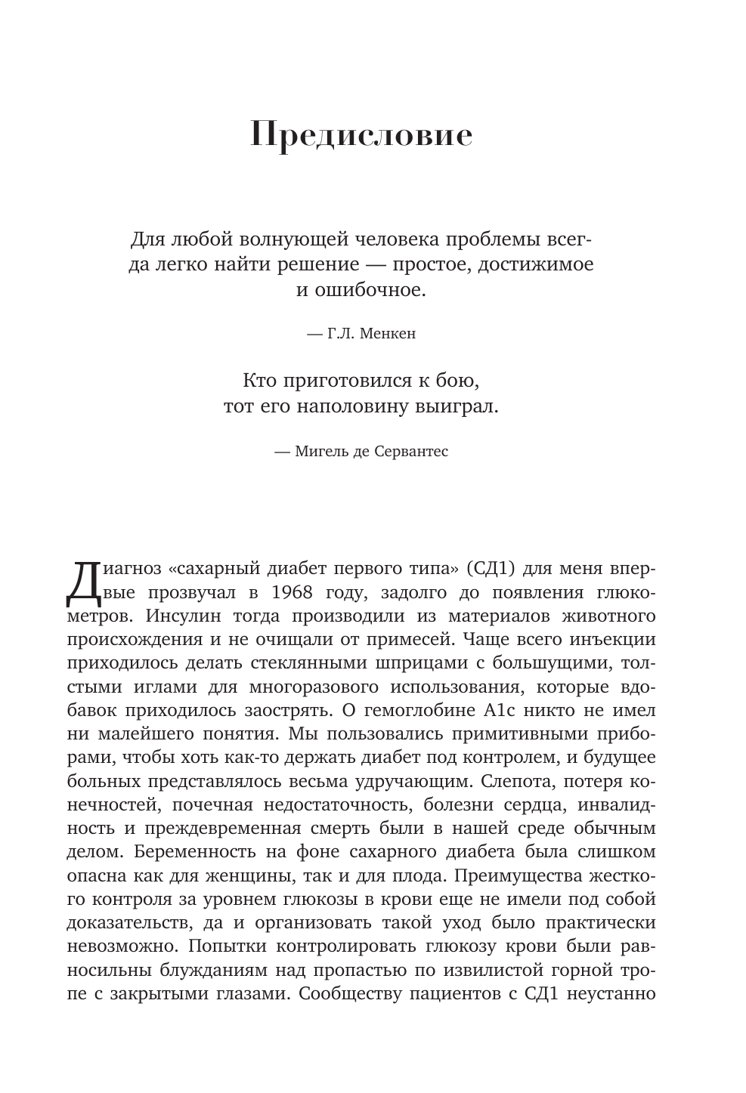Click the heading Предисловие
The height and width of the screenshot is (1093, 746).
pyautogui.click(x=361, y=136)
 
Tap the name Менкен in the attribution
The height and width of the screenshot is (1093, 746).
pyautogui.click(x=388, y=333)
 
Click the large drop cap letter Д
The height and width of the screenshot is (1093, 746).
pyautogui.click(x=82, y=584)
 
